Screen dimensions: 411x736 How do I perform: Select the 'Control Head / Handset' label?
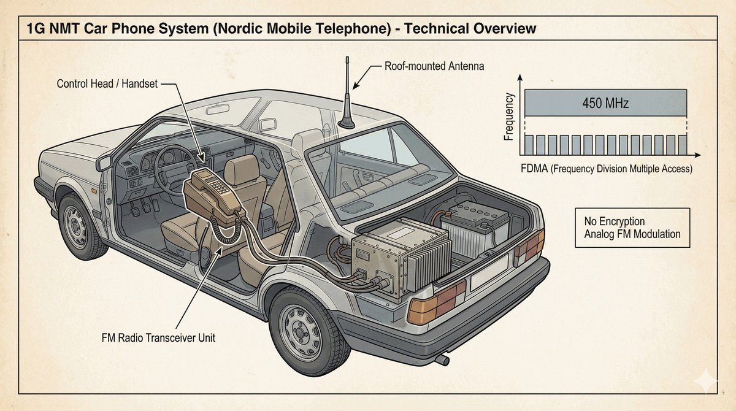(x=107, y=83)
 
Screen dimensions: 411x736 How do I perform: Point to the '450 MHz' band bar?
(x=605, y=103)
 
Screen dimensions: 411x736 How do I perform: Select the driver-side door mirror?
(x=104, y=163)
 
